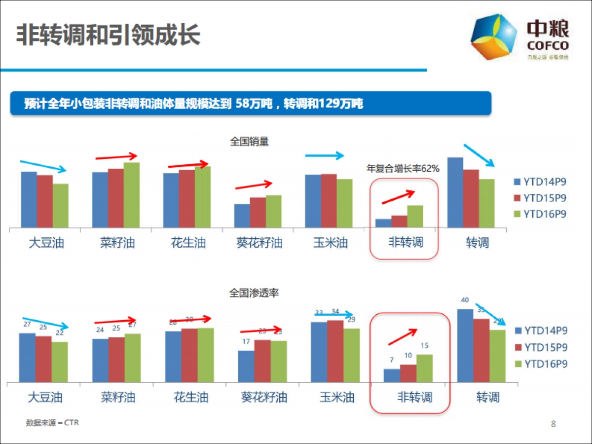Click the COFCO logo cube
coord(494,37)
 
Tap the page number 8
coord(553,424)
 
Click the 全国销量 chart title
coord(249,142)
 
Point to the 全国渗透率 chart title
coord(254,293)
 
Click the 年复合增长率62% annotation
coord(403,169)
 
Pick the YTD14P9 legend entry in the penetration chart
coord(541,331)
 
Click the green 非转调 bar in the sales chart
coord(415,216)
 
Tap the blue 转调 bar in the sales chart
coord(455,192)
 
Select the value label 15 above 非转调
coord(424,346)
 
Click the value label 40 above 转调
coord(465,299)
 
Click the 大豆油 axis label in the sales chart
coord(46,243)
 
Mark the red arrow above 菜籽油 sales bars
coord(116,157)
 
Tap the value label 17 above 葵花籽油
coord(246,342)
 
